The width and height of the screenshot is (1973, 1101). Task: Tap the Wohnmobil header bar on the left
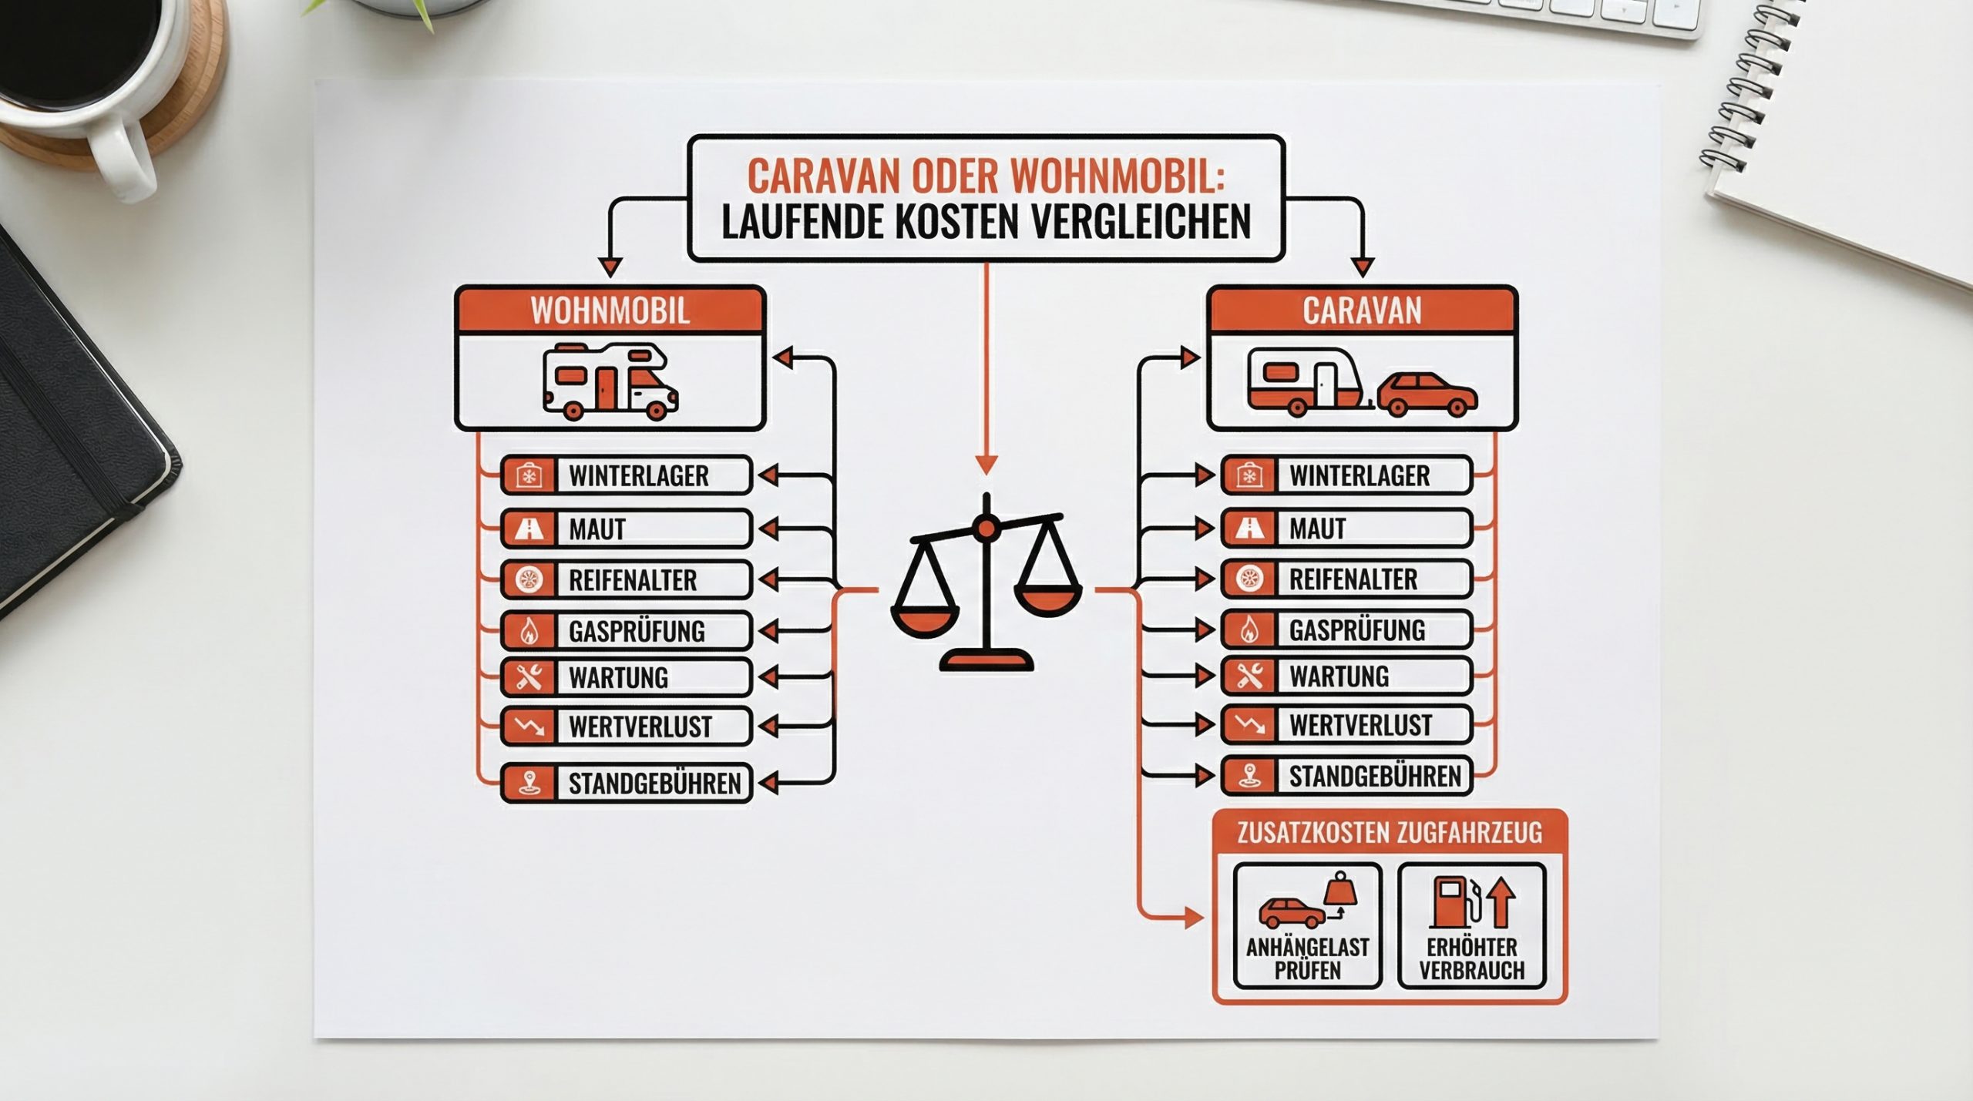610,310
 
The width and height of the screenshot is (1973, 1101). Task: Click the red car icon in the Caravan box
1427,394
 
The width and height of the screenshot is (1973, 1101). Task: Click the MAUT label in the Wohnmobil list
597,529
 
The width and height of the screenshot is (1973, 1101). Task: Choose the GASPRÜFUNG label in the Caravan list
1356,630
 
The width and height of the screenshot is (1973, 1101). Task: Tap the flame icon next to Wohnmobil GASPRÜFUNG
529,632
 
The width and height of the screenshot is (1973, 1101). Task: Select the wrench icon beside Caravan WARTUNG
1249,676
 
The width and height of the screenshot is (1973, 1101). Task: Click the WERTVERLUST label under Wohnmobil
640,727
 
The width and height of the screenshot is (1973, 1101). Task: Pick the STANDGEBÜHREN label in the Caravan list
1374,776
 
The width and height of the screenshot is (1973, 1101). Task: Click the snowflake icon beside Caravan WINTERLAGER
1249,475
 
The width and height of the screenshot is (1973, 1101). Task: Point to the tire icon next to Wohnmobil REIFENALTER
529,579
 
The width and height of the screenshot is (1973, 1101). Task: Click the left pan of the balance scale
924,613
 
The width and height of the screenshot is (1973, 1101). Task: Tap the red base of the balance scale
986,660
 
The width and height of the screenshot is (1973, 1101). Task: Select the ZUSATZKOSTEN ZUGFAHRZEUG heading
1389,833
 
